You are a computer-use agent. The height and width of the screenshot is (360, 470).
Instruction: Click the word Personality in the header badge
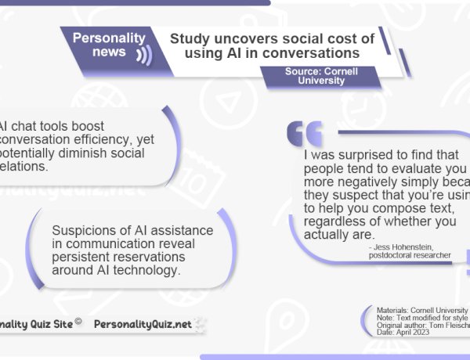[x=109, y=38]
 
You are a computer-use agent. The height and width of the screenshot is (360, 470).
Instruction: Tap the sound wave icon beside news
[x=143, y=54]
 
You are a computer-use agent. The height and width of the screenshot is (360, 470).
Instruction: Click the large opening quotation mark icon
[x=305, y=134]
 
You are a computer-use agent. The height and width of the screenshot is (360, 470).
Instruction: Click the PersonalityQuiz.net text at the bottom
[x=142, y=323]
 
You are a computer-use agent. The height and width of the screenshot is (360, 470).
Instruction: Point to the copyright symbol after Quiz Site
[x=78, y=319]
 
